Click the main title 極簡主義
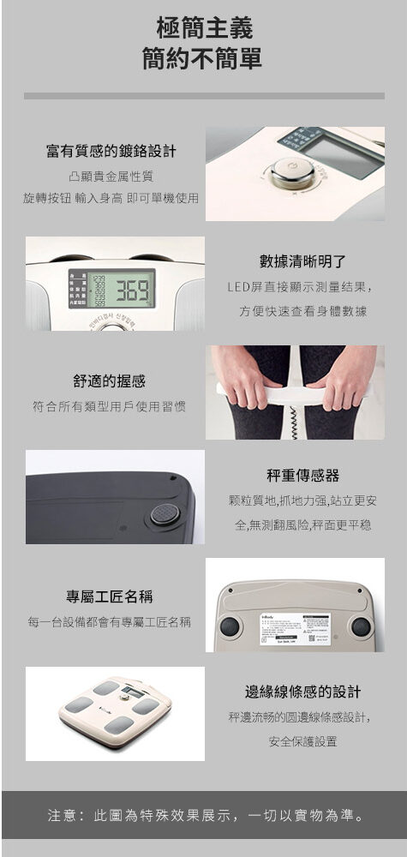pos(204,28)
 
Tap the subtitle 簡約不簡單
pos(204,60)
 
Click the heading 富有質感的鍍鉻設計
pos(111,152)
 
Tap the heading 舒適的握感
pos(109,381)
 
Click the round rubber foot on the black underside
pos(165,514)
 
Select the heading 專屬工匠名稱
pos(110,596)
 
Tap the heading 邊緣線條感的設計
pos(302,692)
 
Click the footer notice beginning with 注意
pos(204,814)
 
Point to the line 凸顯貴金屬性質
pos(111,177)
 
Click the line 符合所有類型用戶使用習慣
pos(109,405)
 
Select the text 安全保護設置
pos(302,741)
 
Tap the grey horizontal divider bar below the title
pos(204,96)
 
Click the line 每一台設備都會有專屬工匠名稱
pos(109,620)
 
